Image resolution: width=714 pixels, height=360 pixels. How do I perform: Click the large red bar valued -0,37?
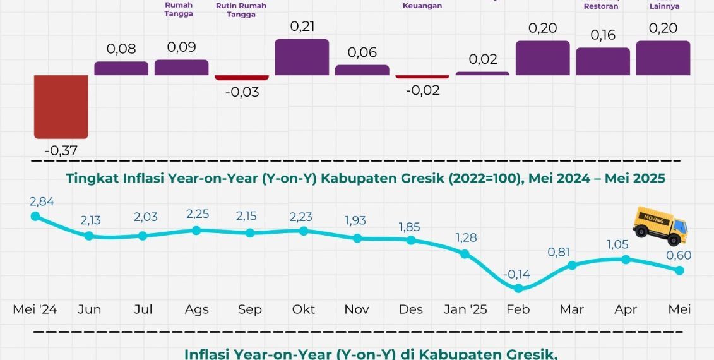tap(61, 107)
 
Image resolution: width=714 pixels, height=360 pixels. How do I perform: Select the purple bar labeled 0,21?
tap(302, 57)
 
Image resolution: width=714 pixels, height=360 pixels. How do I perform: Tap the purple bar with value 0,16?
tap(603, 61)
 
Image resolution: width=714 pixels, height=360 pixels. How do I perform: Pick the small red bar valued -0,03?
tap(242, 77)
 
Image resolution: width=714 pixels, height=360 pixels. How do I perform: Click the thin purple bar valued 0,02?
tap(482, 73)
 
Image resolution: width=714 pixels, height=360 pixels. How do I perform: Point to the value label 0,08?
tap(121, 49)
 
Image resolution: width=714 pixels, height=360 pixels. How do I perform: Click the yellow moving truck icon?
tap(660, 225)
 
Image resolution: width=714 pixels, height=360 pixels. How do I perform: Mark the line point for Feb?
tap(519, 288)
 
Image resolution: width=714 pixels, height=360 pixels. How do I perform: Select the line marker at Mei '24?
tap(35, 216)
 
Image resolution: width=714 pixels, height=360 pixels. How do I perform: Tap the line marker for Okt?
tap(304, 231)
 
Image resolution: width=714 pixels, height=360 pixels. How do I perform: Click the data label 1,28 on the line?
tap(465, 238)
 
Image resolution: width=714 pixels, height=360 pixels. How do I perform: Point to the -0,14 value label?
tap(518, 274)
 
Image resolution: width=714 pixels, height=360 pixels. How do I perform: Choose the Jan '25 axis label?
tap(465, 309)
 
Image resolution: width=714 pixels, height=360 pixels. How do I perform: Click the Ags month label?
tap(196, 309)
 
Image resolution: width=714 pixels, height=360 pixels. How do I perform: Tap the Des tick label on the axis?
tap(411, 309)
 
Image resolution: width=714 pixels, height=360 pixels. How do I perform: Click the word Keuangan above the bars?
tap(422, 6)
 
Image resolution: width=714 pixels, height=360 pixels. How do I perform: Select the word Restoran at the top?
tap(601, 6)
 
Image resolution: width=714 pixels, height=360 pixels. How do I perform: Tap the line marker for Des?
tap(412, 240)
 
